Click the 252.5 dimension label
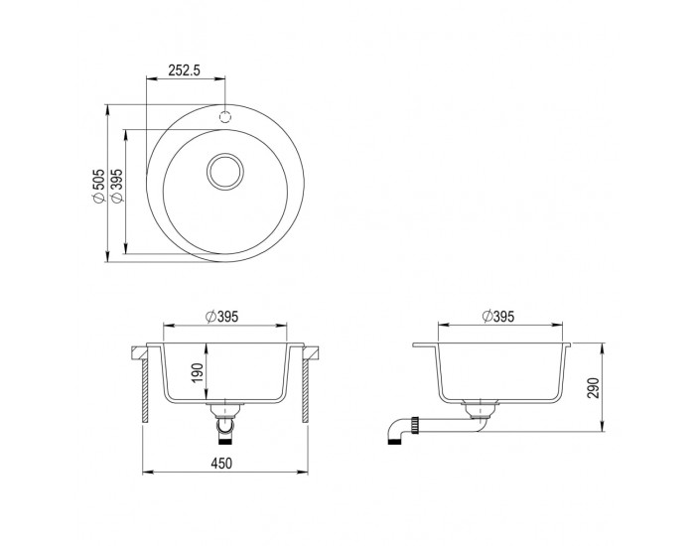coord(185,70)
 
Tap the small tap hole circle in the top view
coord(225,117)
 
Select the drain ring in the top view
coord(225,172)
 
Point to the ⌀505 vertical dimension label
coord(98,187)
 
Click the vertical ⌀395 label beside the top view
coord(116,187)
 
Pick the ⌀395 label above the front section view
coord(222,317)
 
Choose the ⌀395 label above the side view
coord(498,317)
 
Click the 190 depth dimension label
coord(198,373)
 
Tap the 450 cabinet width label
coord(221,464)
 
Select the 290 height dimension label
coord(593,388)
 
